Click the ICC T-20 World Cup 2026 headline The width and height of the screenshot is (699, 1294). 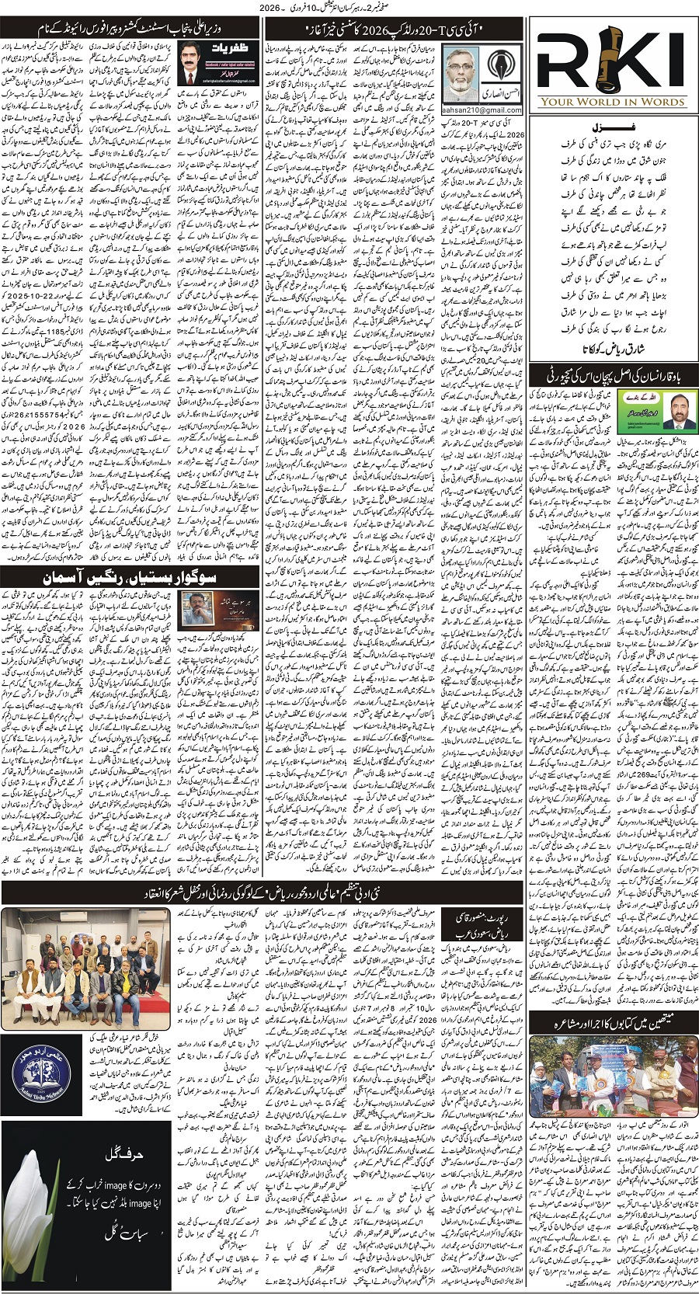click(x=397, y=30)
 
